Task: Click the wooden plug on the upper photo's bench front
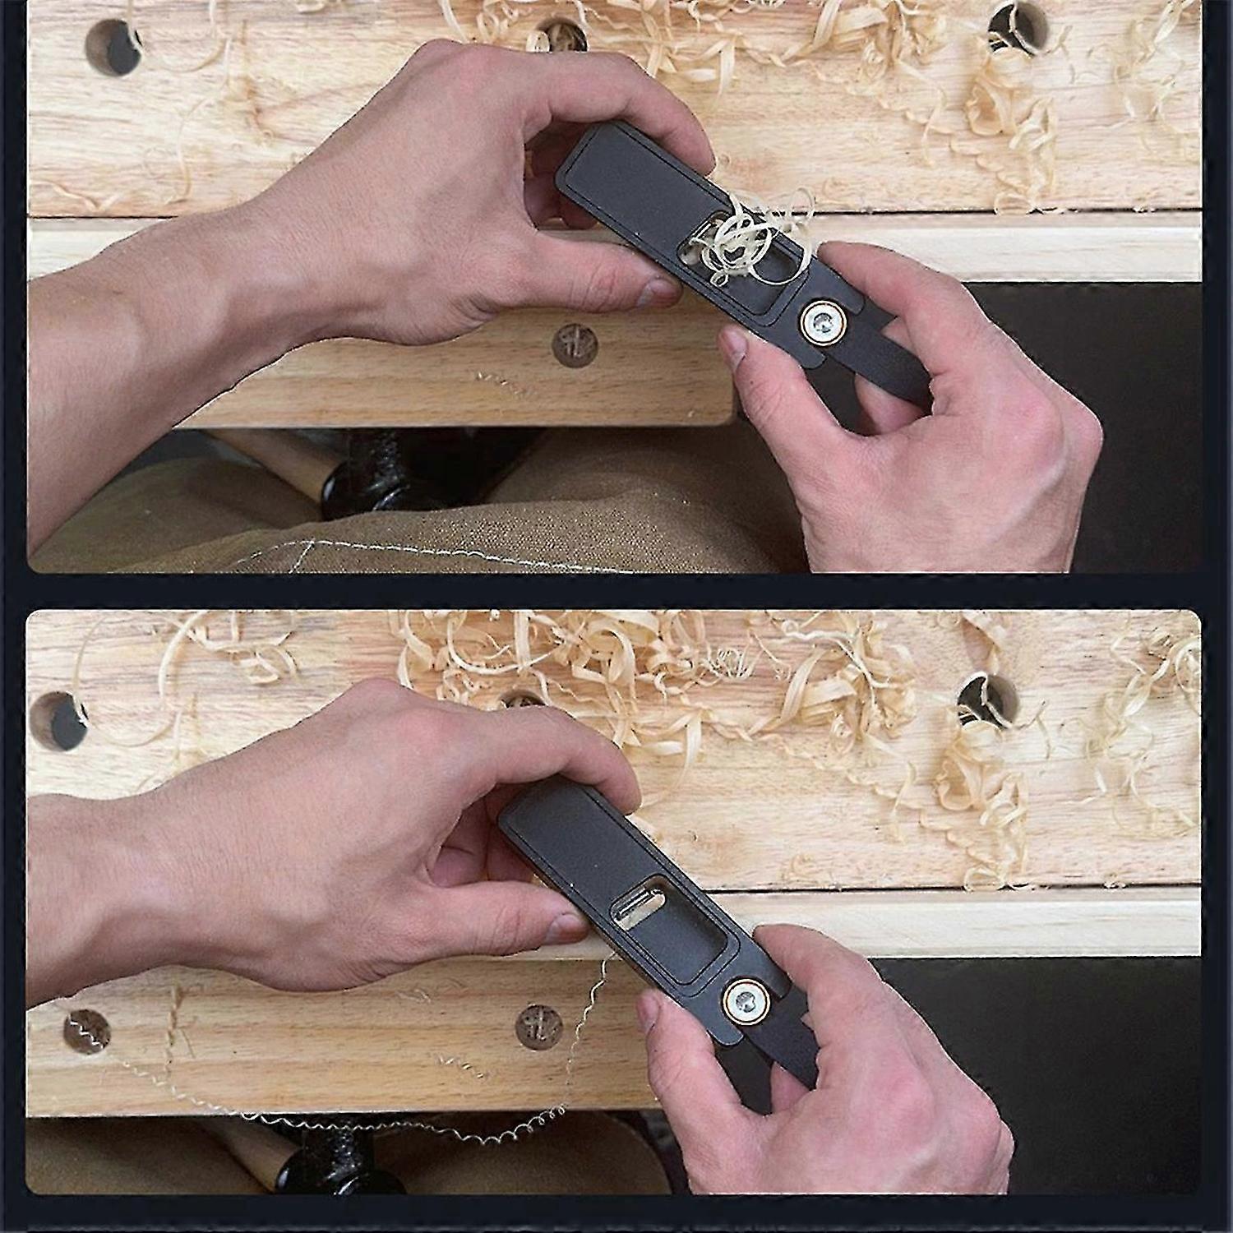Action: click(x=575, y=344)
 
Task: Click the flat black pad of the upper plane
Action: click(x=625, y=173)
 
